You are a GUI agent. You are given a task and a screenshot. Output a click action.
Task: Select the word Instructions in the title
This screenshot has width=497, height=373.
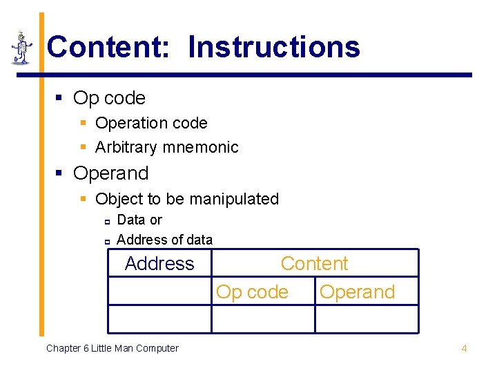(274, 47)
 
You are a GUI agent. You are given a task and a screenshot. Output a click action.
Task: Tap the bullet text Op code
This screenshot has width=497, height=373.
(109, 98)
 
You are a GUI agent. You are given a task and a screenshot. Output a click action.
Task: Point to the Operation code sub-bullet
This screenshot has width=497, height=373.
(150, 123)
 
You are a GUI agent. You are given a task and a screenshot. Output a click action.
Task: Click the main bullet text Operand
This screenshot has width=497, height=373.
(110, 173)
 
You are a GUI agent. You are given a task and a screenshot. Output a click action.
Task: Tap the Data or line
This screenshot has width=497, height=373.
(139, 220)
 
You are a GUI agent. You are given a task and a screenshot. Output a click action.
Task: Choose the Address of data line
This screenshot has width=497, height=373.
(164, 240)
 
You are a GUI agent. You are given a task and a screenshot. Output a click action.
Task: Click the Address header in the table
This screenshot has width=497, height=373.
(159, 263)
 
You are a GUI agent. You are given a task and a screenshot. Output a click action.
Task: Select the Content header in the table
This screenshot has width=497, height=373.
(314, 263)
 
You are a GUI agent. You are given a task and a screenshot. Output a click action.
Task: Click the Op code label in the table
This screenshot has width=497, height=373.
(252, 292)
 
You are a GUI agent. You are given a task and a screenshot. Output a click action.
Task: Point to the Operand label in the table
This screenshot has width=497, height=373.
(357, 292)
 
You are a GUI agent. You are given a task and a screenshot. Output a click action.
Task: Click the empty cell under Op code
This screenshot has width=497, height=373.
(262, 319)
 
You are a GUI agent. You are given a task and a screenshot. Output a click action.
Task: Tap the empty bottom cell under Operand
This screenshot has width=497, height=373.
(366, 319)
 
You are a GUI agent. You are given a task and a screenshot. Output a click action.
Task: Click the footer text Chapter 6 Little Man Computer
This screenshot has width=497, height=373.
(112, 348)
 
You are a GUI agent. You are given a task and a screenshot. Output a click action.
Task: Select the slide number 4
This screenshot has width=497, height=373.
(464, 348)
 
